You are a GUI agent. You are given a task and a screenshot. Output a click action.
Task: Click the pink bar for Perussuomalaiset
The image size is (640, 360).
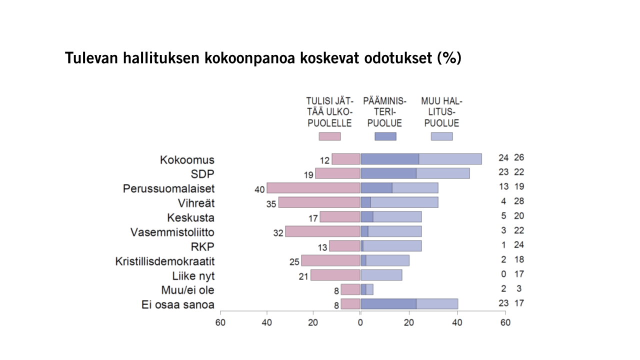tap(313, 188)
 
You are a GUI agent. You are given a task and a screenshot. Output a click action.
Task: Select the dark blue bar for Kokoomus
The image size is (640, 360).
tap(389, 159)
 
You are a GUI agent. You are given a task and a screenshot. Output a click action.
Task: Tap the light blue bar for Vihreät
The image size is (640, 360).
tap(404, 203)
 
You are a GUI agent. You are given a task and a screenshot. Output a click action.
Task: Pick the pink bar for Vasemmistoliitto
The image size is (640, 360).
tap(322, 232)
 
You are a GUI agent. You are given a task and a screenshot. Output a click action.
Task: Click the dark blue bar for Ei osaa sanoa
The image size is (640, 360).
tap(388, 304)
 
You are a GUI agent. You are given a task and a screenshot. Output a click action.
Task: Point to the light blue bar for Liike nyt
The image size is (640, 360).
tap(381, 275)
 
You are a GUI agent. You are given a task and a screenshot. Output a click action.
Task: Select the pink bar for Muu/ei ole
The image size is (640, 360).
tap(350, 289)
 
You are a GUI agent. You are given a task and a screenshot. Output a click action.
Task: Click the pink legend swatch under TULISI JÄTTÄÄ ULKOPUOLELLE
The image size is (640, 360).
tap(329, 136)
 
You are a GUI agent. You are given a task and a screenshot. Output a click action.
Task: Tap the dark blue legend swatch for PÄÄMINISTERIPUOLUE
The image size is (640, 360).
tap(385, 136)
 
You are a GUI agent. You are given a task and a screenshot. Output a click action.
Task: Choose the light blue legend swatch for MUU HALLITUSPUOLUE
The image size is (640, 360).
tap(441, 136)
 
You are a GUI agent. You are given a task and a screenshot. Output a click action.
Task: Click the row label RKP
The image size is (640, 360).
tap(202, 246)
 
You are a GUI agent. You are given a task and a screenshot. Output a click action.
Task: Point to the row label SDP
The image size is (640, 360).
tap(202, 174)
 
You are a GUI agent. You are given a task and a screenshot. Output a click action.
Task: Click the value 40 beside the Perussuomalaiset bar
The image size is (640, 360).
tap(259, 189)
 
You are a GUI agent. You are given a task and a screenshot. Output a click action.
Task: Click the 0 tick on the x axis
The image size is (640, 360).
tap(360, 322)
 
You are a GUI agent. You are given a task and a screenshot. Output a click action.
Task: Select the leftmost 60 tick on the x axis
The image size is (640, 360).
tap(220, 322)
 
